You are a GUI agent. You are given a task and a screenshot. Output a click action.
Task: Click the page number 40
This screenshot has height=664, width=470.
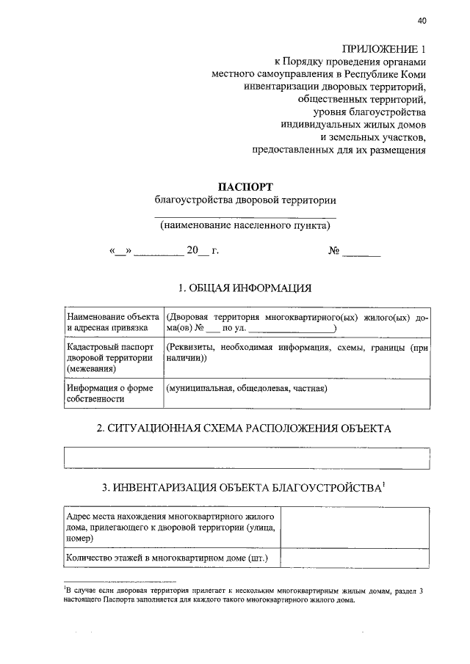[421, 20]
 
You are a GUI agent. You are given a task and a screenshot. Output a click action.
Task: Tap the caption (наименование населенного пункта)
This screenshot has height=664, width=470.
[245, 226]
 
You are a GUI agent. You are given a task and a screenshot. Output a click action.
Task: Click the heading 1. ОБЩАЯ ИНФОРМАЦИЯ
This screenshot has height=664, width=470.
[245, 287]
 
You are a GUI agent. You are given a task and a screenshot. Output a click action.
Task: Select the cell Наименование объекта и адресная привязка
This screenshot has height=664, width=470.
[112, 322]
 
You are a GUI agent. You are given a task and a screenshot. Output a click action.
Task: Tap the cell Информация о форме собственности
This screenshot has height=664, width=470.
[112, 393]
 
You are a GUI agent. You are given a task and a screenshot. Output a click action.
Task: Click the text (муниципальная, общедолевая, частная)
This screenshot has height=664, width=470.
[247, 388]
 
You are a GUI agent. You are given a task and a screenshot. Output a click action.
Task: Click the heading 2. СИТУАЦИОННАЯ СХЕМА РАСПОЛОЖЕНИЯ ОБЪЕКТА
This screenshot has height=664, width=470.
[245, 428]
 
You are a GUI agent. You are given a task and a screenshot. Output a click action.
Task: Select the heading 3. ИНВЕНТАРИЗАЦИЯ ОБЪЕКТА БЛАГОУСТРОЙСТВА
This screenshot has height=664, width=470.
[245, 487]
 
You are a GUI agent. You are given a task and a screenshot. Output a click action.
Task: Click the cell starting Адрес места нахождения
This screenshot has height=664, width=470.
[170, 527]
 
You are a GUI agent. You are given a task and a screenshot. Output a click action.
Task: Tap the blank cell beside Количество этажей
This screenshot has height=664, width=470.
[355, 559]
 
